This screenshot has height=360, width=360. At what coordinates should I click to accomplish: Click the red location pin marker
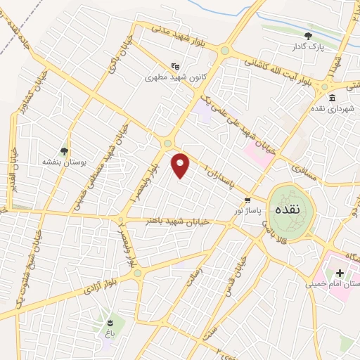tap(181, 165)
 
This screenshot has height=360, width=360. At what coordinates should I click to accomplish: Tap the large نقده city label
tap(286, 209)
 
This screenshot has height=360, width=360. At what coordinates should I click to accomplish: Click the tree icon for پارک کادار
tap(307, 35)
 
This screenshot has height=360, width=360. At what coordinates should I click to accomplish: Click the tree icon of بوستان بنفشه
tap(64, 150)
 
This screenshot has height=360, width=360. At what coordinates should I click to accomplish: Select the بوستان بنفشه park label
tap(64, 162)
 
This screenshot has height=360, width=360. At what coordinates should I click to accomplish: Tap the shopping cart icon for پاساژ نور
tap(247, 200)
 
